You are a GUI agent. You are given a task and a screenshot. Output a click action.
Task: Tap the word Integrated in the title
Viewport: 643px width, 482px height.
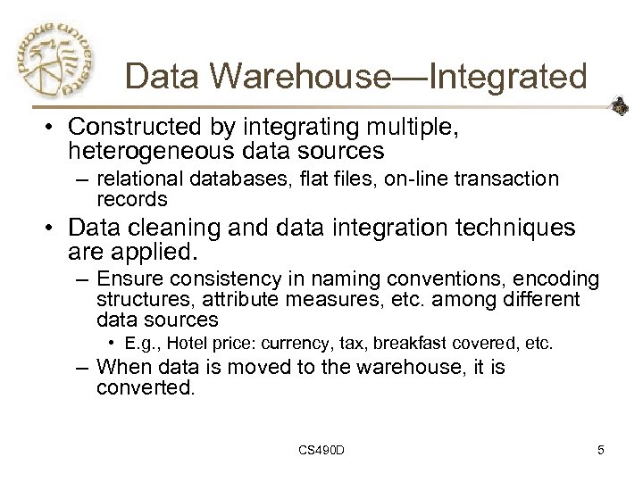coord(508,76)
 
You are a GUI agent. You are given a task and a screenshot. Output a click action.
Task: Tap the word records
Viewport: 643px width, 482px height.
coord(132,198)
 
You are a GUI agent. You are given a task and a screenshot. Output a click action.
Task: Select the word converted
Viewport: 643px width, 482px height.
coord(145,388)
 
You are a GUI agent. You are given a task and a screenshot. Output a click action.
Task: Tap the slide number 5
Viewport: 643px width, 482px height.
coord(601,451)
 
